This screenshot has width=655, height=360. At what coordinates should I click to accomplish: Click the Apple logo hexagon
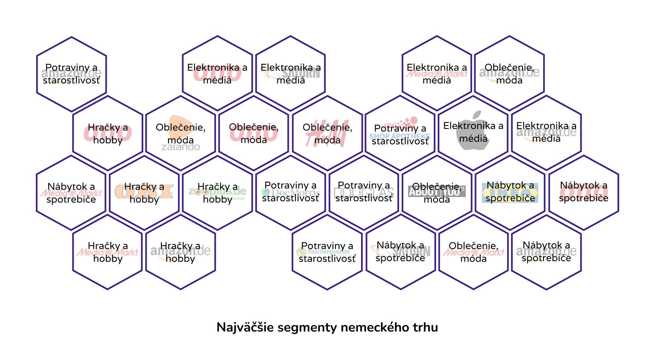tap(473, 133)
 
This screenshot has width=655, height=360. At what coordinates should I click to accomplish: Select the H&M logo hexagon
tap(327, 133)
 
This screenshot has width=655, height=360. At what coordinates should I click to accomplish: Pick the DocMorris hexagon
tap(290, 192)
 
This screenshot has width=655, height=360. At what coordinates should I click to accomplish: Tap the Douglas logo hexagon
tap(364, 192)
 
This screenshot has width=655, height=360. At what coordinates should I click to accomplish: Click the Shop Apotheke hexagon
tap(400, 133)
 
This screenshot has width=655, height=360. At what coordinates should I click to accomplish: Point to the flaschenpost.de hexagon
tap(327, 252)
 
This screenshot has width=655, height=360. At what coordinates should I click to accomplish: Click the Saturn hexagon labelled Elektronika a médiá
tap(290, 73)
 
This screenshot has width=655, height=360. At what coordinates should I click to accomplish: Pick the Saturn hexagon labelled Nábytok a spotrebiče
tap(401, 252)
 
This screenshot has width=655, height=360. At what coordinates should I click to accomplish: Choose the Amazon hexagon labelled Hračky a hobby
tap(180, 252)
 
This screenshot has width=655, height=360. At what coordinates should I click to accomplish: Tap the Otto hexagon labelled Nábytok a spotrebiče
tap(584, 192)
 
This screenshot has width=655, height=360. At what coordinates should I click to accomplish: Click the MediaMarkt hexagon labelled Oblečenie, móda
tap(473, 252)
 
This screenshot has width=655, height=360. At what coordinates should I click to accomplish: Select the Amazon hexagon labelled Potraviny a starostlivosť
tap(71, 74)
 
